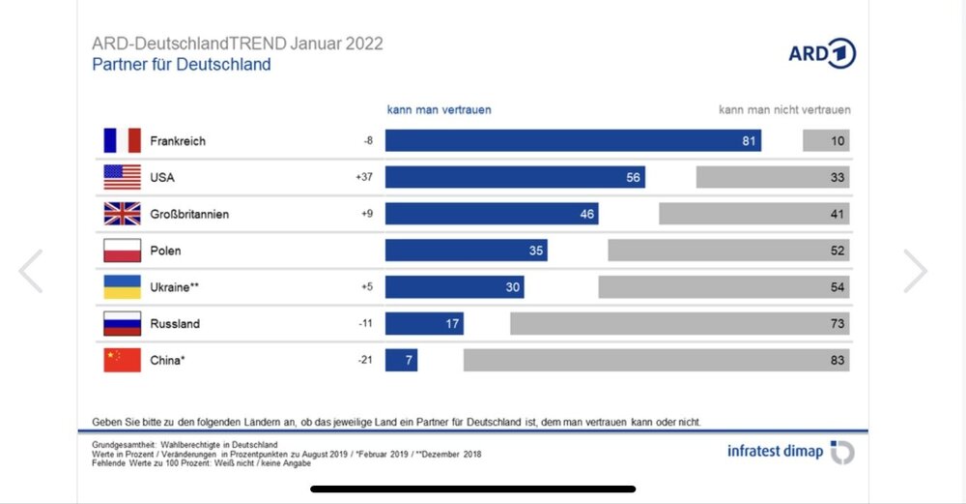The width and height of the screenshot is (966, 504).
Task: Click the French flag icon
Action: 122,141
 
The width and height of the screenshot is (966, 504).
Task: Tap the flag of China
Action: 122,361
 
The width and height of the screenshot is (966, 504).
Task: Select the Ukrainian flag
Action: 122,287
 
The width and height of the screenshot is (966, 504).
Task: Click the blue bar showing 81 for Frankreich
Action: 573,141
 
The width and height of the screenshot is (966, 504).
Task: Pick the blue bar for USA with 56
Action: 515,178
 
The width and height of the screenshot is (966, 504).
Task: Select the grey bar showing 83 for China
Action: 656,361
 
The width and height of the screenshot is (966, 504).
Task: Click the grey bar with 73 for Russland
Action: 679,324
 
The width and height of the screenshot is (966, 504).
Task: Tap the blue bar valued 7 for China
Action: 401,361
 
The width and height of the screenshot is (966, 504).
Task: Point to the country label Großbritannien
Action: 189,214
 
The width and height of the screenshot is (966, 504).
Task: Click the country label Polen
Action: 165,251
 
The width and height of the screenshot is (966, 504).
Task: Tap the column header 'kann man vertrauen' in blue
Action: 440,109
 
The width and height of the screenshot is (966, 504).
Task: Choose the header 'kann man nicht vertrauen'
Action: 784,109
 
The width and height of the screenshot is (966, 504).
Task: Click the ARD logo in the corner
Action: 822,53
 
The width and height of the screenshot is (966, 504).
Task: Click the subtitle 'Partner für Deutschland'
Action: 182,65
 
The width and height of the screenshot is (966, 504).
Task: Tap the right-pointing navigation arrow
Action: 915,272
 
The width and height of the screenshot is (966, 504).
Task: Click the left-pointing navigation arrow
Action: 31,272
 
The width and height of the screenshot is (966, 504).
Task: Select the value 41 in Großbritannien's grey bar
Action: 837,214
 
